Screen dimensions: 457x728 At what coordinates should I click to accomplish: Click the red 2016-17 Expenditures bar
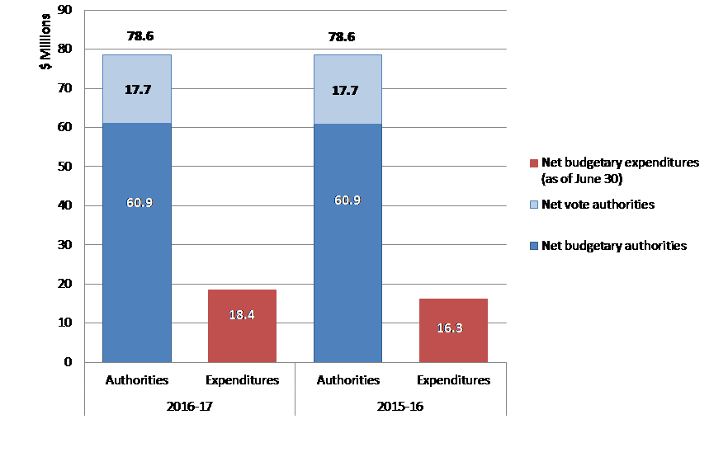coord(242,326)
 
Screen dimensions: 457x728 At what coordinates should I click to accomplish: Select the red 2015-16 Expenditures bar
coord(453,330)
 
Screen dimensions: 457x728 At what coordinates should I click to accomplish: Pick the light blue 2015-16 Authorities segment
coord(347,89)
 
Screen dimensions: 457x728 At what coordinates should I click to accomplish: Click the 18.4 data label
coord(242,314)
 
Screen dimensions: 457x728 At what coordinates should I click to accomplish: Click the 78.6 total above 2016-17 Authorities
coord(139,36)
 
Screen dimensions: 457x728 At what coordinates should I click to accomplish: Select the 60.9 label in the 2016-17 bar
coord(139,201)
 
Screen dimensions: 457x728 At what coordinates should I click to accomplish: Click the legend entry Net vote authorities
coord(598,204)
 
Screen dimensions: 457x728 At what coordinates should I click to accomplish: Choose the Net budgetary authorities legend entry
coord(613,245)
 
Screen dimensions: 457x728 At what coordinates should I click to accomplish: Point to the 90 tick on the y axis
coord(64,10)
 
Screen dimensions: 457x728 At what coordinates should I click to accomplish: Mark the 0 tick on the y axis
coord(68,362)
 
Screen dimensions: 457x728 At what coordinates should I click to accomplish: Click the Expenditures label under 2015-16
coord(453,380)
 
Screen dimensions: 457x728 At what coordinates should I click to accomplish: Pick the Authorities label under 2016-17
coord(137,380)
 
